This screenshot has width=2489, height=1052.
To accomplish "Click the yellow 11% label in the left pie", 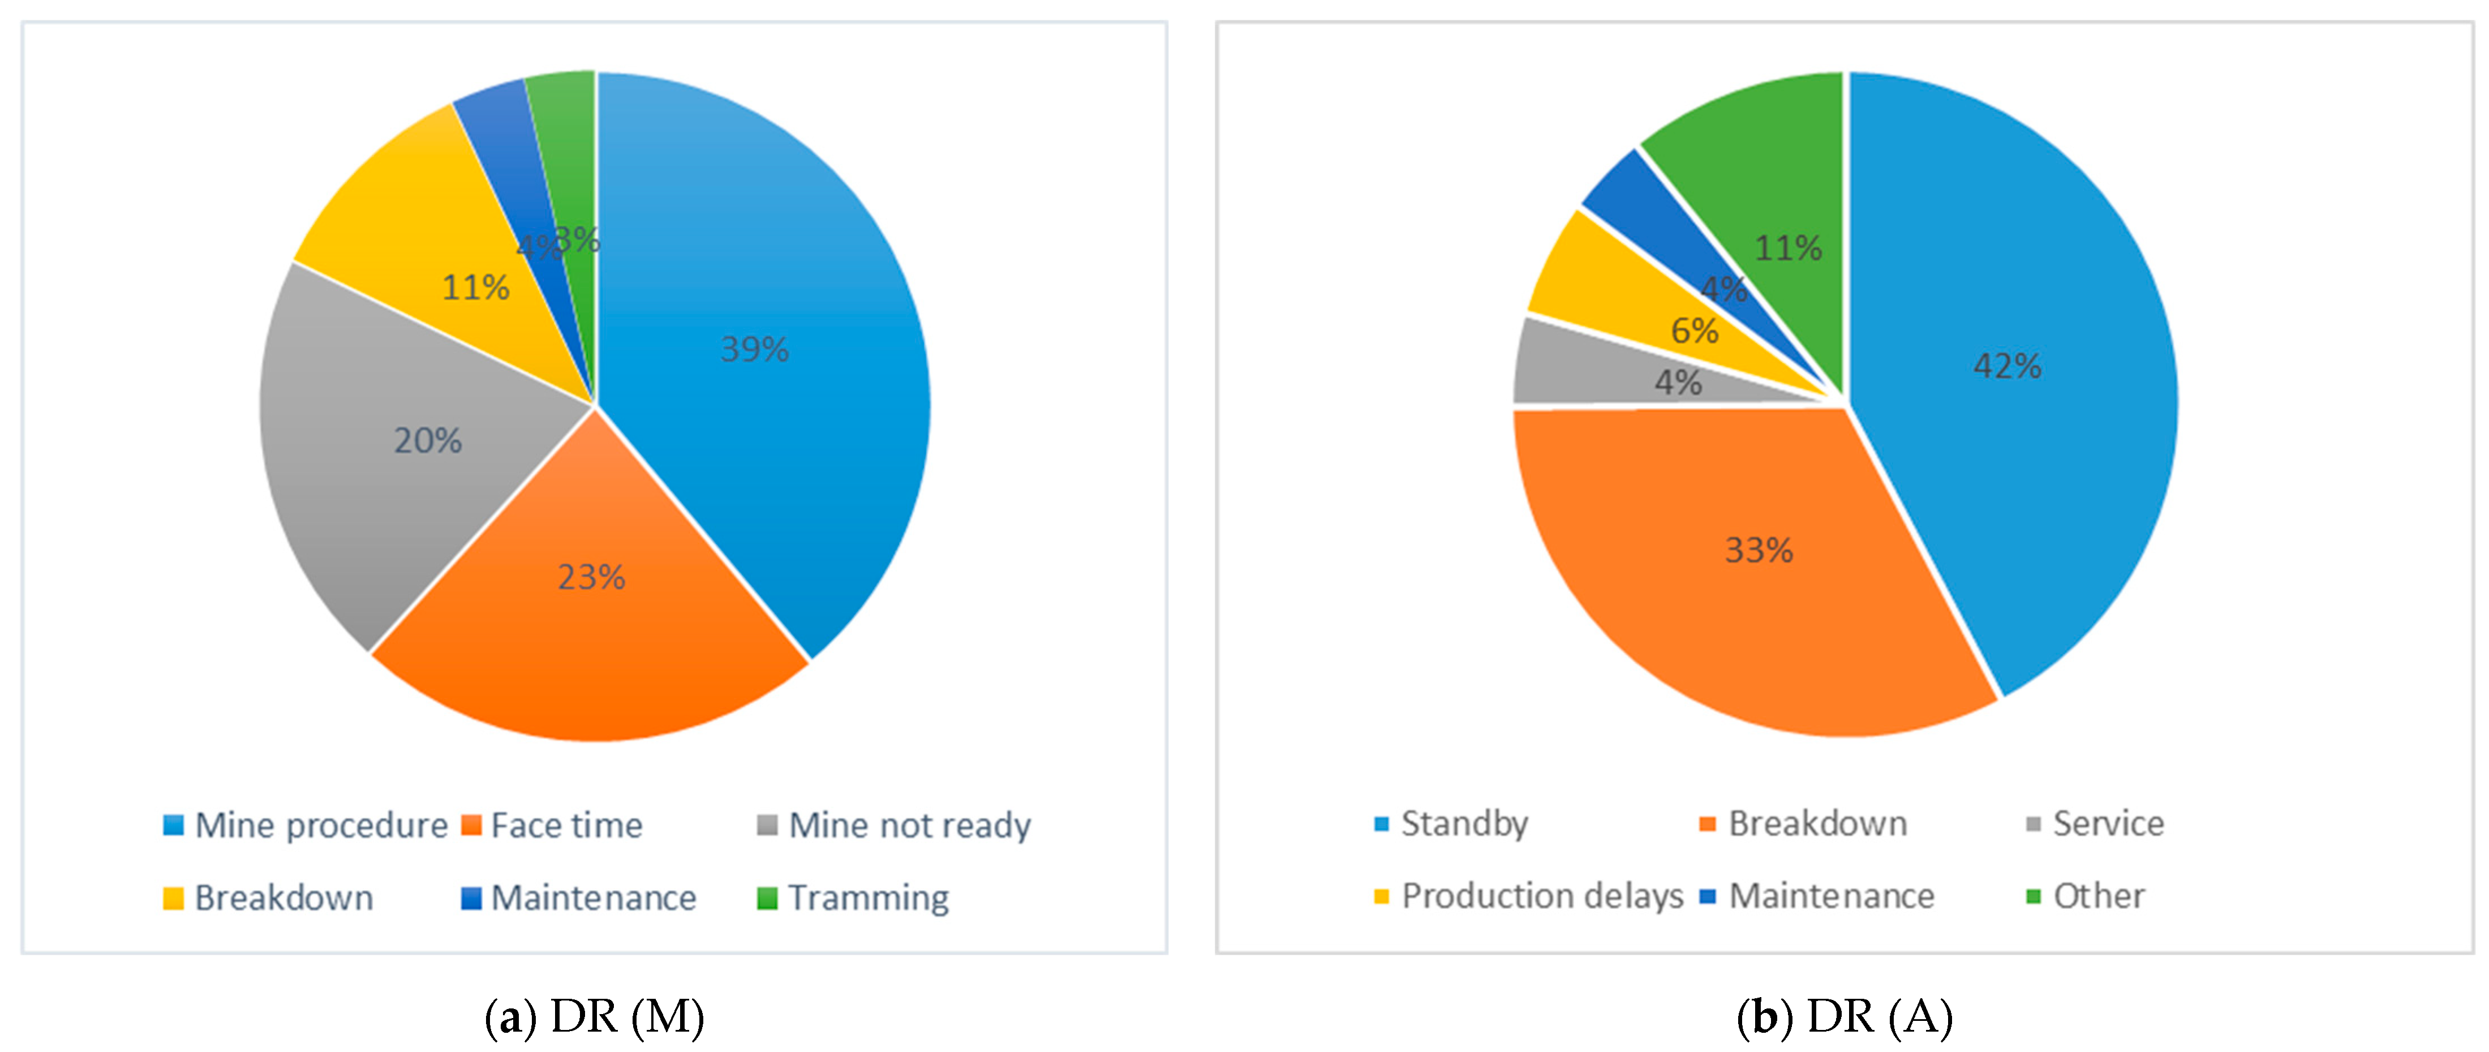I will pos(475,287).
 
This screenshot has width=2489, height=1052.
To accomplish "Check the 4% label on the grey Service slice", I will pos(1678,383).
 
